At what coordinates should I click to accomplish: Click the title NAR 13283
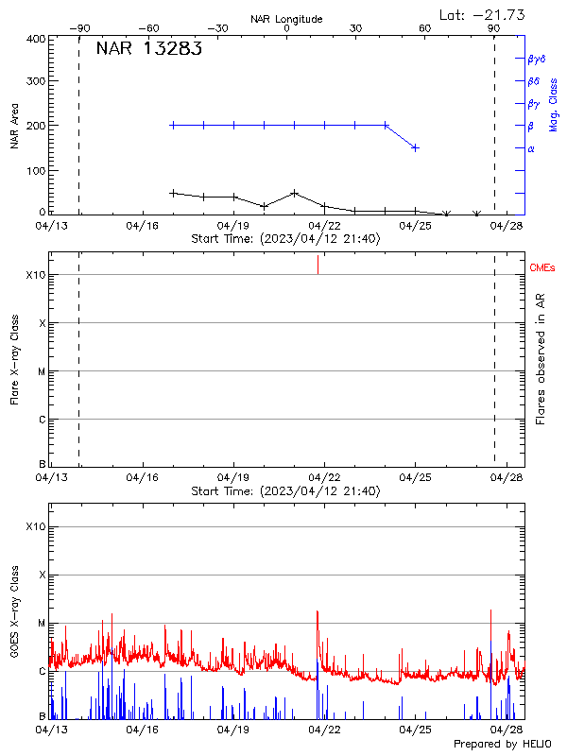148,50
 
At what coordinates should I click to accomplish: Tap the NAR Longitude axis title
286,19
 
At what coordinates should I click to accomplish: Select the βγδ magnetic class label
537,59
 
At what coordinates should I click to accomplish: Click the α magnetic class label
531,148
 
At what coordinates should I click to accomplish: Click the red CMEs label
542,268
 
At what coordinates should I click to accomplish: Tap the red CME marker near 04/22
318,265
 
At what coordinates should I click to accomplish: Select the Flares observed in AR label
541,360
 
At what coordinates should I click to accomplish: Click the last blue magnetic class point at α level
415,147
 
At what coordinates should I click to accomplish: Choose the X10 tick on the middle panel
35,275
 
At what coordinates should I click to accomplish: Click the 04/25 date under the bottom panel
415,730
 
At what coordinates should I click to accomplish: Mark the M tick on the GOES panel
41,623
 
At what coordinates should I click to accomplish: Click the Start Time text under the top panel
285,239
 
